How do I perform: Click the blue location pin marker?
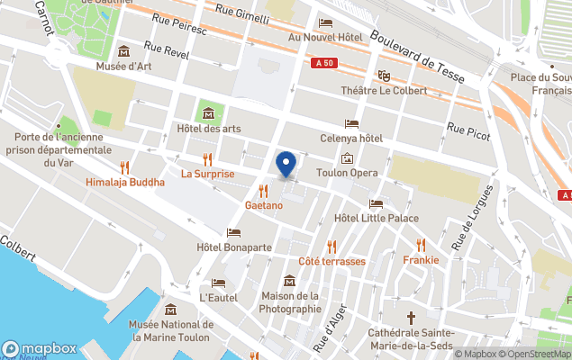[286, 165]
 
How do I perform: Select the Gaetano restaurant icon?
[263, 190]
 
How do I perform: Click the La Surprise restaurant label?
[207, 174]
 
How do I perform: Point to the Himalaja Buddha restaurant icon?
[125, 166]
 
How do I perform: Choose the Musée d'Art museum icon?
[123, 50]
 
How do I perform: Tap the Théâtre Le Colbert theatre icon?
[385, 76]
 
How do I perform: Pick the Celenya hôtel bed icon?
[351, 123]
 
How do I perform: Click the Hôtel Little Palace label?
[376, 218]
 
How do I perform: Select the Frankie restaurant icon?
[421, 245]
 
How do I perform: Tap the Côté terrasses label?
[331, 261]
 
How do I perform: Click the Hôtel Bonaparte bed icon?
[234, 232]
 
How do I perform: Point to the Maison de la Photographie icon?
[290, 280]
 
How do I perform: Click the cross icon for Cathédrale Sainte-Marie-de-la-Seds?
[411, 318]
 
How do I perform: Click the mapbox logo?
[40, 348]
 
